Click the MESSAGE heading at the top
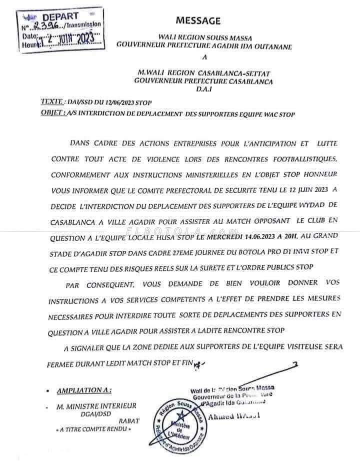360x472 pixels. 197,21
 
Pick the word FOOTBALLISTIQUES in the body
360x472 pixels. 299,159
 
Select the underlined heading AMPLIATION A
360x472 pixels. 84,390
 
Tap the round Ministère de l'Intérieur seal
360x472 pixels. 178,423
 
